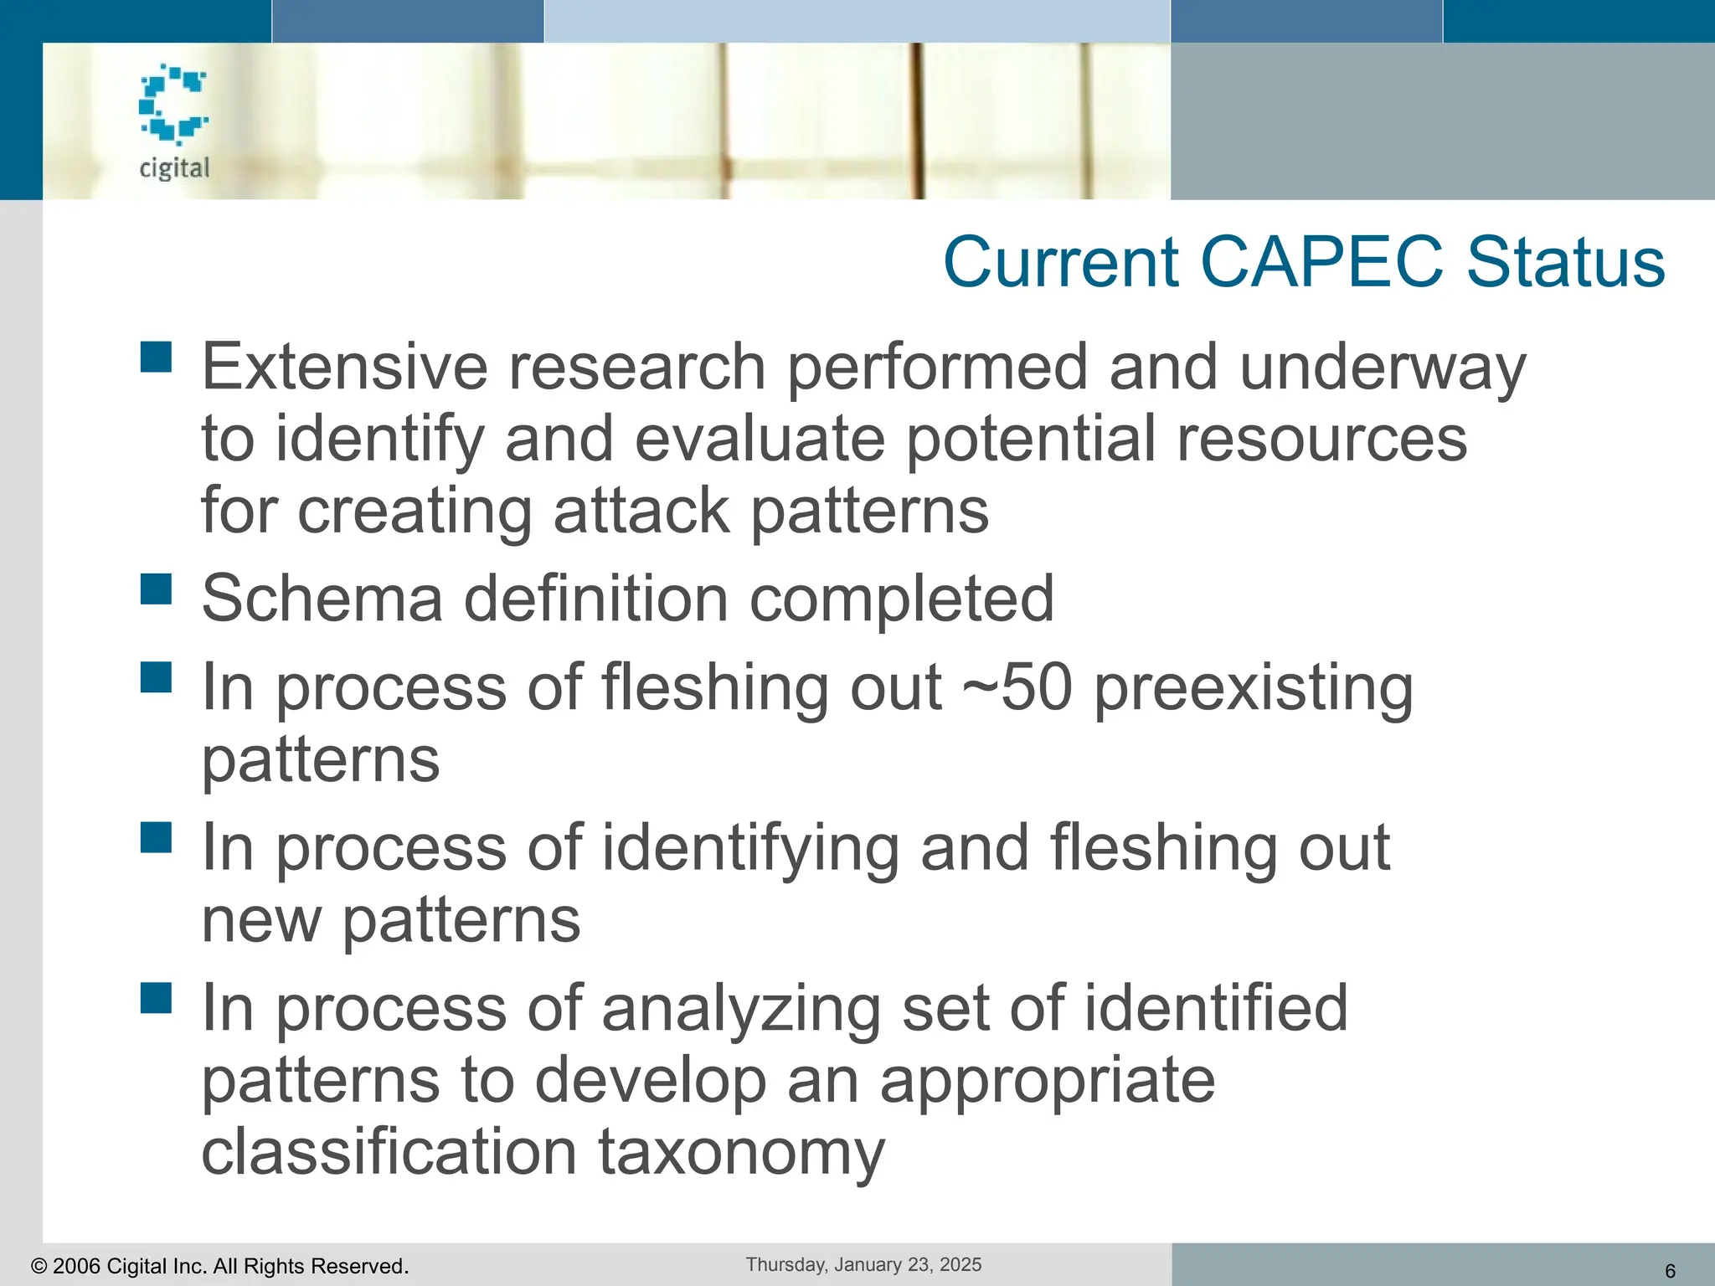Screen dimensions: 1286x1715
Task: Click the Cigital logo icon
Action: point(173,104)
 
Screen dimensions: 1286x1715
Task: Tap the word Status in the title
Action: point(1565,262)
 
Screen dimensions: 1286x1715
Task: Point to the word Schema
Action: point(322,599)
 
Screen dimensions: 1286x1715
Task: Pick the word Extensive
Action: point(344,367)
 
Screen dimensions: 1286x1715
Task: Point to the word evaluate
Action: point(760,439)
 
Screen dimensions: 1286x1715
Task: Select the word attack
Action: point(641,511)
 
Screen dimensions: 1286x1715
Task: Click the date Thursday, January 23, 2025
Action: point(863,1264)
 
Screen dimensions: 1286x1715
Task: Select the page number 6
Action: point(1670,1271)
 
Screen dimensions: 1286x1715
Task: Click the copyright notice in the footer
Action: point(219,1266)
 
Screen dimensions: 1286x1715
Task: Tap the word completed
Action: point(901,599)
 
